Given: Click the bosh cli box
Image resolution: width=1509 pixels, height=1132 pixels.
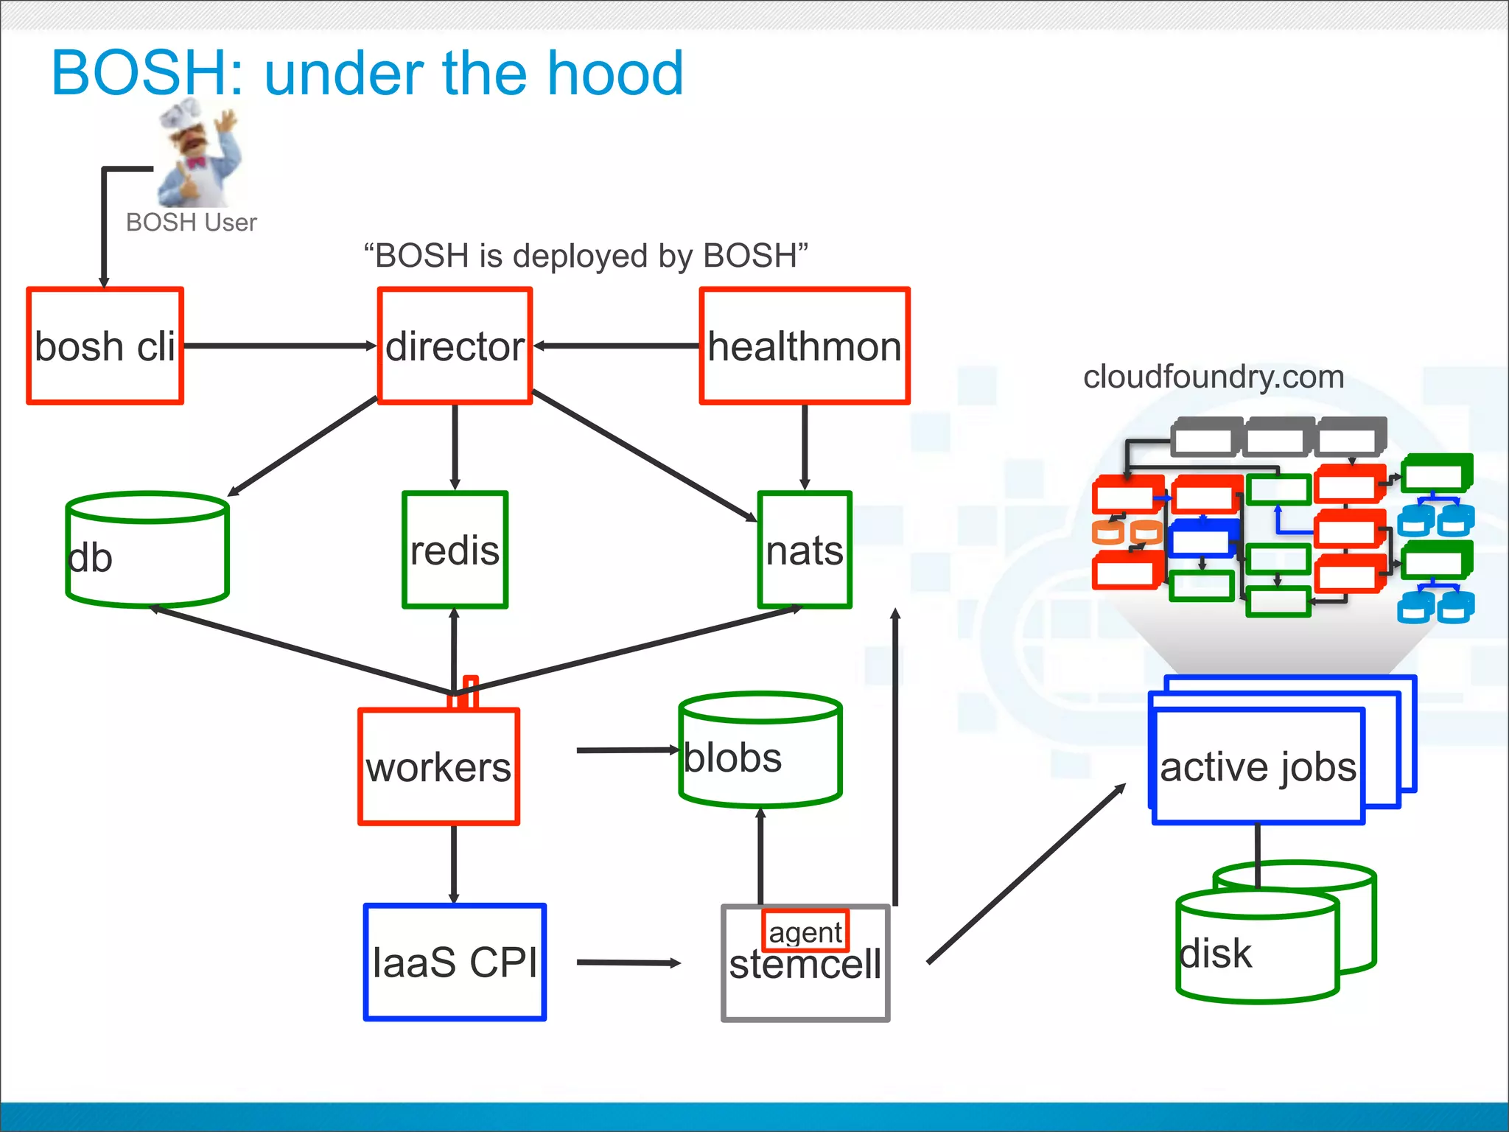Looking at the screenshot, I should tap(105, 346).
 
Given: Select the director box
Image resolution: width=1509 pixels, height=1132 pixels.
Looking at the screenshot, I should tap(455, 346).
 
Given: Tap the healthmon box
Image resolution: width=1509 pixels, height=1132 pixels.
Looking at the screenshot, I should tap(805, 346).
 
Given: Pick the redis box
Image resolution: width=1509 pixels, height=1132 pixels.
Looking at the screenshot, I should tap(455, 550).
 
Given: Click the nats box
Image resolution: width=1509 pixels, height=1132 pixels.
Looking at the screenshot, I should tap(805, 550).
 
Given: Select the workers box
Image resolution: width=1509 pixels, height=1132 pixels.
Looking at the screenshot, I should tap(438, 766).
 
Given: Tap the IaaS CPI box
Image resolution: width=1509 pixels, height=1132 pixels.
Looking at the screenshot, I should tap(455, 962).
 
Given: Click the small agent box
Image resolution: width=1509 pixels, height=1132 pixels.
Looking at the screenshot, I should tap(805, 932).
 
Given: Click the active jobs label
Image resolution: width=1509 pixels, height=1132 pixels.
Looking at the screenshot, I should tap(1258, 766).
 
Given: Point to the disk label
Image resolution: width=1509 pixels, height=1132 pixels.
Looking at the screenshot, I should tap(1216, 954).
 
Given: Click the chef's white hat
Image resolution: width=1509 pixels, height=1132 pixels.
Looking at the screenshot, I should tap(181, 114).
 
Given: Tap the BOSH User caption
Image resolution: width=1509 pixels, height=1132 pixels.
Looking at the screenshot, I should tap(191, 222).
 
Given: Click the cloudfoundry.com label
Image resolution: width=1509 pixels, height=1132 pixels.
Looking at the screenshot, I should tap(1214, 377).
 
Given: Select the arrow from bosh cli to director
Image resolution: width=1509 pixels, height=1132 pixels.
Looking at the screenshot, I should tap(280, 345).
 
